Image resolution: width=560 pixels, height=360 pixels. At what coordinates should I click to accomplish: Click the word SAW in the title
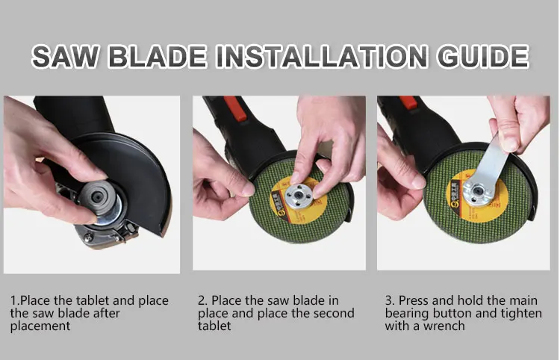[66, 57]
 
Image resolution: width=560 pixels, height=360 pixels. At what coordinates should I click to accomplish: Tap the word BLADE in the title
[158, 57]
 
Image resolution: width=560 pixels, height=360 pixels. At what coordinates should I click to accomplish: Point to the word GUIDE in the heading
[482, 57]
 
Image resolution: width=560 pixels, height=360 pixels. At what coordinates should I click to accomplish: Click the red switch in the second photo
[234, 108]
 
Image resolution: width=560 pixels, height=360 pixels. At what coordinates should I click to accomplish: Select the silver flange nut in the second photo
[299, 196]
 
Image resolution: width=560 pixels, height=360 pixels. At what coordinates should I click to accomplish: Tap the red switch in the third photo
[408, 102]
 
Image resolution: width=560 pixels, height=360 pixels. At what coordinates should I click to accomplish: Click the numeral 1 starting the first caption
[13, 301]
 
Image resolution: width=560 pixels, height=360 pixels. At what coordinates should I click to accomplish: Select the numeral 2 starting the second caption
[201, 301]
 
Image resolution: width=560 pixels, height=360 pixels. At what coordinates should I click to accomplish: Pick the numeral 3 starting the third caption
[388, 301]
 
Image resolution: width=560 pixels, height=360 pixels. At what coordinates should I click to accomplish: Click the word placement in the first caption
[40, 326]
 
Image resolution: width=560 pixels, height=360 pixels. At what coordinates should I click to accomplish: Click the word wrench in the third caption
[444, 326]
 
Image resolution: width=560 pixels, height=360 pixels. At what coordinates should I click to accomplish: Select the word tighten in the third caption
[520, 314]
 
